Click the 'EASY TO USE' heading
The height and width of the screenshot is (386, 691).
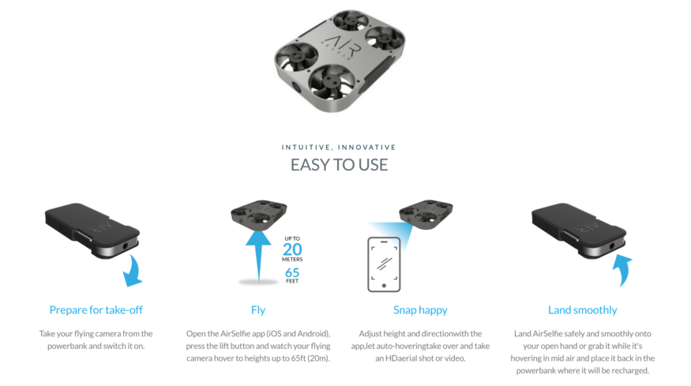[x=339, y=165]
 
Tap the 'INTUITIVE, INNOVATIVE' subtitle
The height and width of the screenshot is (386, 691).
[x=339, y=147]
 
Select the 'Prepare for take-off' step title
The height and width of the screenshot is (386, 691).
[x=96, y=310]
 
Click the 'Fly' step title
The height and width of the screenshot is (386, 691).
[x=258, y=310]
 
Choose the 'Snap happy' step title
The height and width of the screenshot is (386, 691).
[x=420, y=310]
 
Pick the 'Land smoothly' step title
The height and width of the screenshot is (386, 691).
[x=583, y=310]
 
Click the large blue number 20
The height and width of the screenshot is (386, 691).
[x=292, y=249]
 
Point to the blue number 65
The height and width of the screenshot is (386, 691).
[x=292, y=273]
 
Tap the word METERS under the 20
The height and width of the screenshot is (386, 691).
[x=292, y=260]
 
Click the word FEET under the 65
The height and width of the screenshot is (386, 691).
[x=292, y=281]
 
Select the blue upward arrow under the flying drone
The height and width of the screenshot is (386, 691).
[x=258, y=256]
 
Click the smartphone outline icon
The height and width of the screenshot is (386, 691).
[x=369, y=264]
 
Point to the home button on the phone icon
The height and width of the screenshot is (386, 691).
[x=384, y=286]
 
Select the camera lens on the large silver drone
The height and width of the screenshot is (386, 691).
[x=295, y=86]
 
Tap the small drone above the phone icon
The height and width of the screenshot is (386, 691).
[x=426, y=214]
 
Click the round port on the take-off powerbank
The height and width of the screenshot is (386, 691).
[x=126, y=245]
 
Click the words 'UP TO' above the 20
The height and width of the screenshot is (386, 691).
[x=292, y=239]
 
